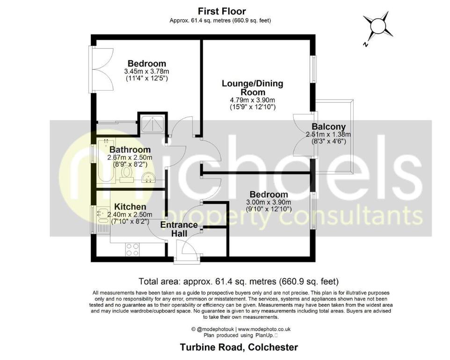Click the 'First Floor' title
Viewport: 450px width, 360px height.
point(222,11)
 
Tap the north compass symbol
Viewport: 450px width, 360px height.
point(377,28)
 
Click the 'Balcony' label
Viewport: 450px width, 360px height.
point(328,126)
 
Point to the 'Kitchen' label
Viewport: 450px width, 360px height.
point(130,207)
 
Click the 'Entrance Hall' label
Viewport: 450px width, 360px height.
point(180,229)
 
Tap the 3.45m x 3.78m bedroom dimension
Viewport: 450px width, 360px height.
point(146,72)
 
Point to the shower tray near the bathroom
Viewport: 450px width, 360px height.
point(152,123)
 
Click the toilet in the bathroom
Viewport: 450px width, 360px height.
point(125,174)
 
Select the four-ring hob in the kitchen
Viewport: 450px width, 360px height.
point(132,249)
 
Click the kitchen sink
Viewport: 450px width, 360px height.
point(101,215)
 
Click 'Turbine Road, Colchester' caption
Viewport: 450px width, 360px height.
point(239,347)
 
